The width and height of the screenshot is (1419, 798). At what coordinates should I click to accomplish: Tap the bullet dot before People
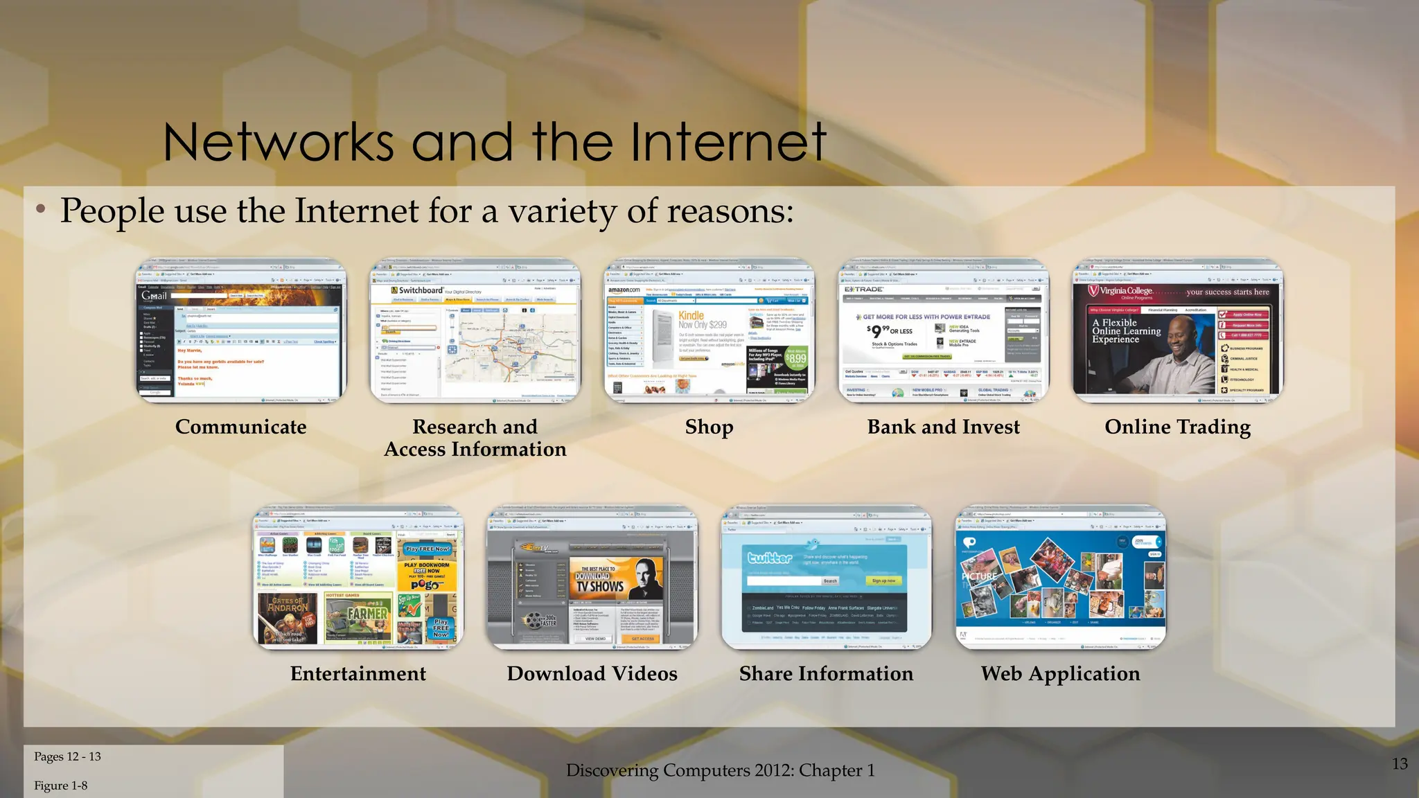42,209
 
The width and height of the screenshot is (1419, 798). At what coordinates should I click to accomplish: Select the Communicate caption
240,427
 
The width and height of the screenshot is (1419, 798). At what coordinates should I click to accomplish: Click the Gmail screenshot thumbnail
240,331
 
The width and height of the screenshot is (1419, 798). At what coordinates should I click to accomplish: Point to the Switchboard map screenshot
475,331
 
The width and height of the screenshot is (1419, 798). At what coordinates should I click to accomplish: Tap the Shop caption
709,427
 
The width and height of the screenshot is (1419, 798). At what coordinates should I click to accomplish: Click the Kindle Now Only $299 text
702,319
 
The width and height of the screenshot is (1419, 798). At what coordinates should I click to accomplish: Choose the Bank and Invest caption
943,427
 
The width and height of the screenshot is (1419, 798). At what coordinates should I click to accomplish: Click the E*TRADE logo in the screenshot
864,289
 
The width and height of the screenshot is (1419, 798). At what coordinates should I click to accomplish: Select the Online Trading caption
1177,427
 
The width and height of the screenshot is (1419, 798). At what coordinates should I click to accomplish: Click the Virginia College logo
1121,292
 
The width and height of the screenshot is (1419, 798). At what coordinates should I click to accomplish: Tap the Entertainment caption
358,673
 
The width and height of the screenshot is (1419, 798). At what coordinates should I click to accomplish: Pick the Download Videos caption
592,673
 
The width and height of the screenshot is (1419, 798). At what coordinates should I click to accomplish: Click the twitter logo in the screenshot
769,558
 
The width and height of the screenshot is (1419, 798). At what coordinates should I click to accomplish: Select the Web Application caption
1060,673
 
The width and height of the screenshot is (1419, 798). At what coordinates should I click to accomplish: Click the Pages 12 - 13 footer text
67,756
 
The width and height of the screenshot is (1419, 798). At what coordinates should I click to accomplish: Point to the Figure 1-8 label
60,786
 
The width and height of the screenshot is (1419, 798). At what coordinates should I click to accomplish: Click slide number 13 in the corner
1400,763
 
